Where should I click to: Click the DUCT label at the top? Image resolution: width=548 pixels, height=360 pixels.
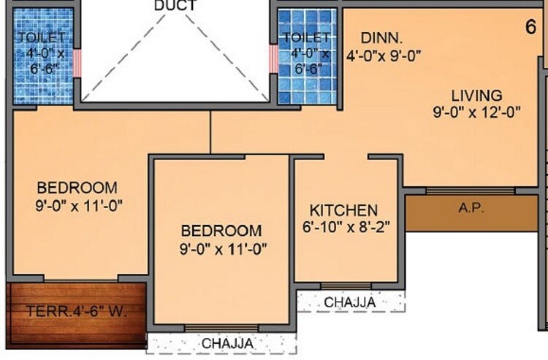175,6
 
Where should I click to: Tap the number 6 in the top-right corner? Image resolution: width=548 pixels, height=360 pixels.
530,27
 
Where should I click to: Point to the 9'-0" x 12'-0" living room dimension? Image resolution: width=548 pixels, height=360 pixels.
476,112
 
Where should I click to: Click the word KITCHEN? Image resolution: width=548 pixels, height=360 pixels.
343,210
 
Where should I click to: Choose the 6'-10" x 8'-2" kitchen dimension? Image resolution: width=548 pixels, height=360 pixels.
347,226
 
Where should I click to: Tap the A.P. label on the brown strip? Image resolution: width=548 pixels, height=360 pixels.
471,207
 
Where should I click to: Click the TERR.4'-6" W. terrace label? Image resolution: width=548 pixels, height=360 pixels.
77,312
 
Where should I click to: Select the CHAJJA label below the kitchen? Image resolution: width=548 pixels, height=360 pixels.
350,302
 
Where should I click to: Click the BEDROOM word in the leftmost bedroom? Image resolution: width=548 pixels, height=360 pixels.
77,187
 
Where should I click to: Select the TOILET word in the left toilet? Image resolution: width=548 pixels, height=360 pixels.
42,37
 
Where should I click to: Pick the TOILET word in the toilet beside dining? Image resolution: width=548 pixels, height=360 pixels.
306,37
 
